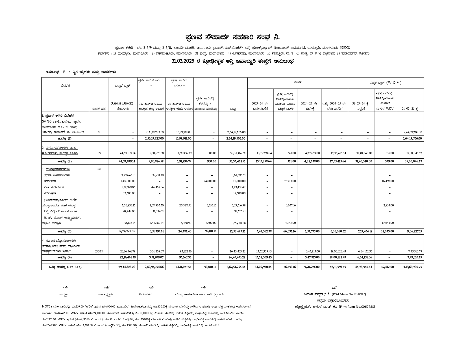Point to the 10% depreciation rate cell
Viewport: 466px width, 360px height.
99,153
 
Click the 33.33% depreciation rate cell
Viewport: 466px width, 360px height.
99,251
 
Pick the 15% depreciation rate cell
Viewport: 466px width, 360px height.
99,169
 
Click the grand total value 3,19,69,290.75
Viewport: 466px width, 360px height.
413,267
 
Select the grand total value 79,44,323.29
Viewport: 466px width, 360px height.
127,267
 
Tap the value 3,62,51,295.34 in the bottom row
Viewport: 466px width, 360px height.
236,267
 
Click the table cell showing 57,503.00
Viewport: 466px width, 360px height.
290,181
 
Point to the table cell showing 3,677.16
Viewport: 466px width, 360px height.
291,205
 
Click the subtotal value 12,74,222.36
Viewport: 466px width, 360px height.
127,231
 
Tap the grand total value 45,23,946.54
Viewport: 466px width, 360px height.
364,267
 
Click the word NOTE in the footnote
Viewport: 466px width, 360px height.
46,306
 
